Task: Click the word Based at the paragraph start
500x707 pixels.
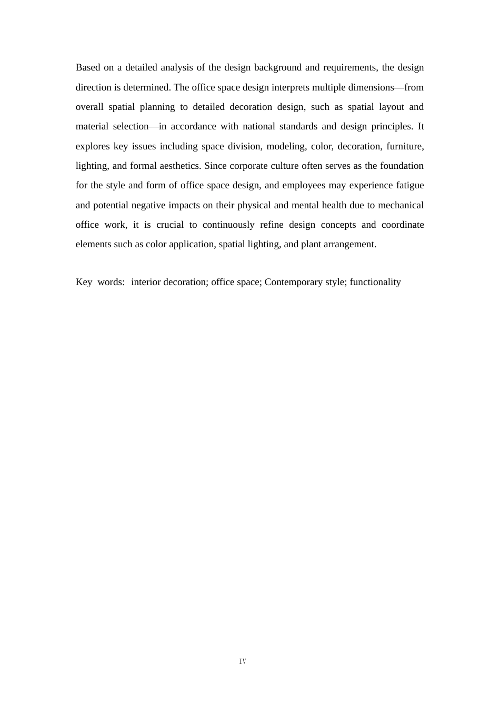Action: [x=88, y=67]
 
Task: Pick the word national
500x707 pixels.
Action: [x=260, y=126]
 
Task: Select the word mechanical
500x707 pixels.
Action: [x=401, y=205]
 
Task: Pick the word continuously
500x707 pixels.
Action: [x=228, y=225]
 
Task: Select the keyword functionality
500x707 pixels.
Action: [x=375, y=282]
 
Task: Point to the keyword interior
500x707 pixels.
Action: [x=146, y=282]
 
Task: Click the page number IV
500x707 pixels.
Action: [x=243, y=661]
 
